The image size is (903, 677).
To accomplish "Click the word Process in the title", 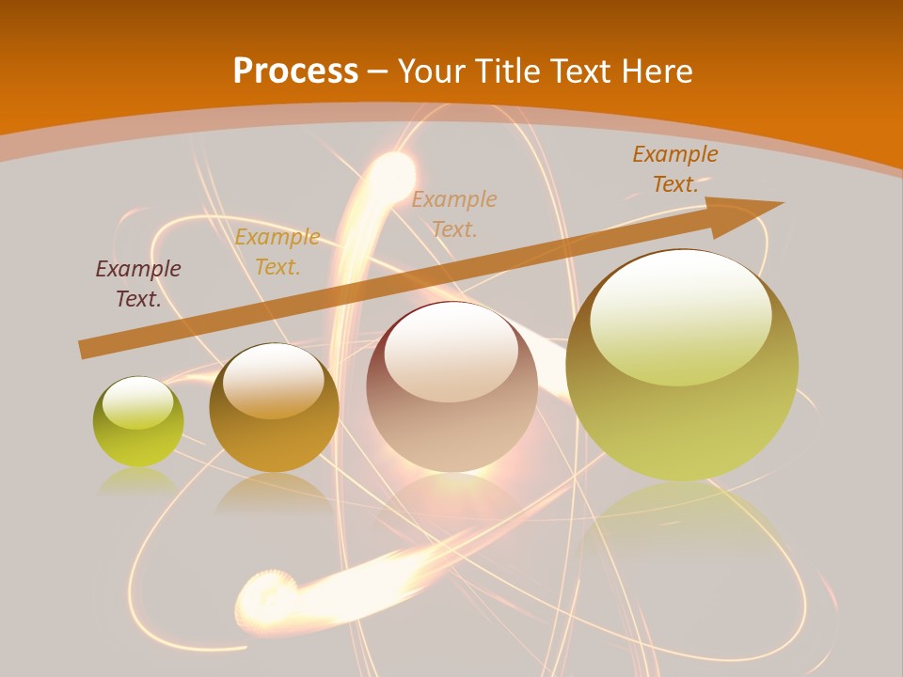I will click(x=295, y=71).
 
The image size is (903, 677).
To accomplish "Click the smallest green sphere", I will click(x=138, y=422).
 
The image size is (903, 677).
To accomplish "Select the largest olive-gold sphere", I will click(x=682, y=366).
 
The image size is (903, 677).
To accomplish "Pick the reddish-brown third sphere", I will click(x=451, y=386).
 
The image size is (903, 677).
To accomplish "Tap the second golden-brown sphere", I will click(x=274, y=407).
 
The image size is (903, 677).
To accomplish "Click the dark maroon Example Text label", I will click(x=138, y=284).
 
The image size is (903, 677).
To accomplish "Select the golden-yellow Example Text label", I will click(x=277, y=252).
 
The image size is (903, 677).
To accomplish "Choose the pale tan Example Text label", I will click(x=454, y=213).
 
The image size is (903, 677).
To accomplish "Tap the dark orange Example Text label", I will click(x=675, y=169).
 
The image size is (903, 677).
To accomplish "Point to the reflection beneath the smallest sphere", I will click(x=138, y=480).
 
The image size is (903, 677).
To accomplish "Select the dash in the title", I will click(x=378, y=71).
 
